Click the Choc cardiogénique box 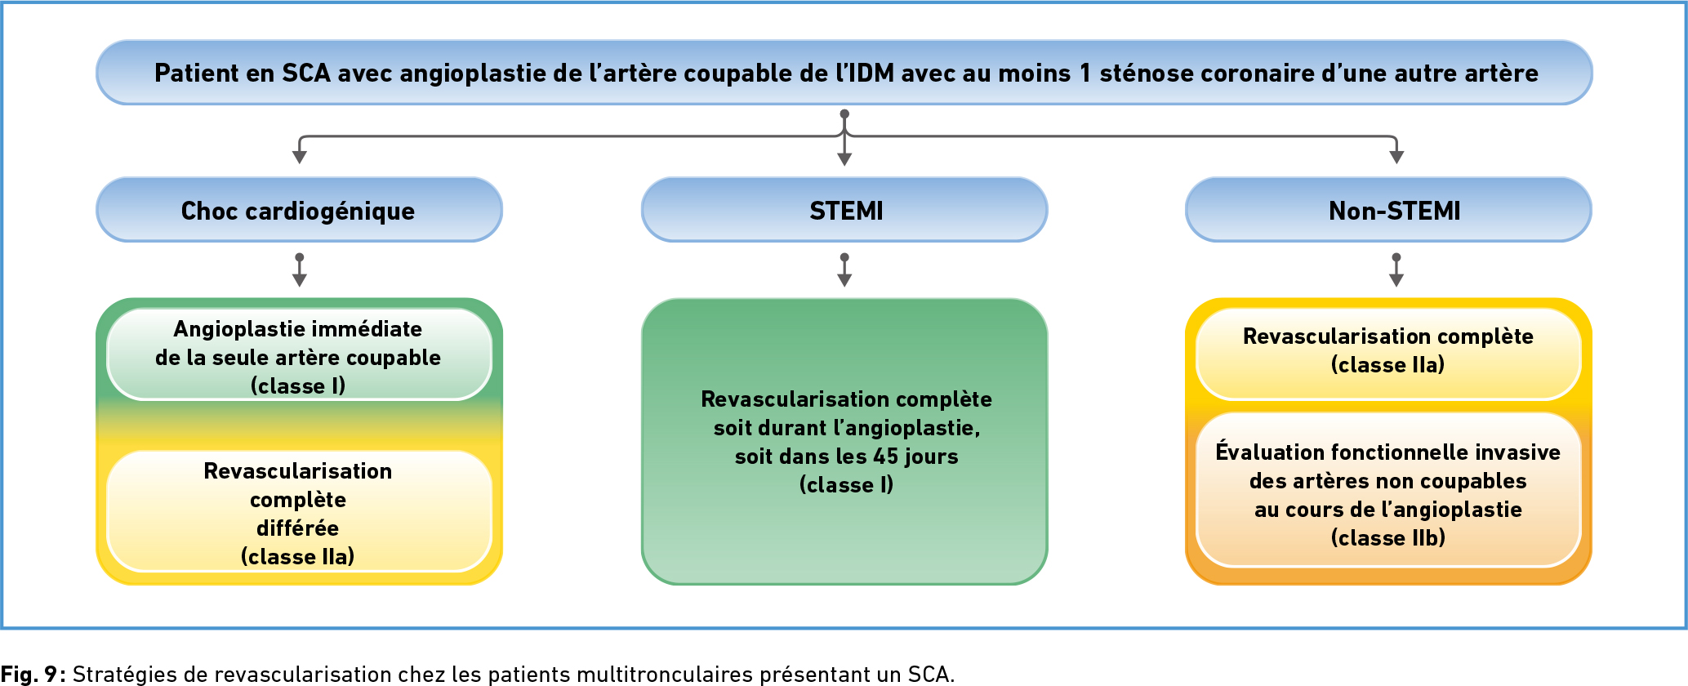coord(299,210)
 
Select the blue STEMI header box coord(844,210)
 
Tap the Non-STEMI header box coord(1388,210)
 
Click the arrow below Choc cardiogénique coord(300,270)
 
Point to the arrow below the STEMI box coord(844,270)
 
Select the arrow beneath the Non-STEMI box coord(1396,270)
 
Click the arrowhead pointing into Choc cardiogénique coord(300,157)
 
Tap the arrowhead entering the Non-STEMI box coord(1396,157)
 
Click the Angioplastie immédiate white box coord(299,354)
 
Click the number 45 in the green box coord(887,457)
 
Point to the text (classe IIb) coord(1388,538)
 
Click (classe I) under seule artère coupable coord(298,386)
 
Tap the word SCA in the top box coord(306,73)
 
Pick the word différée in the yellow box coord(298,528)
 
